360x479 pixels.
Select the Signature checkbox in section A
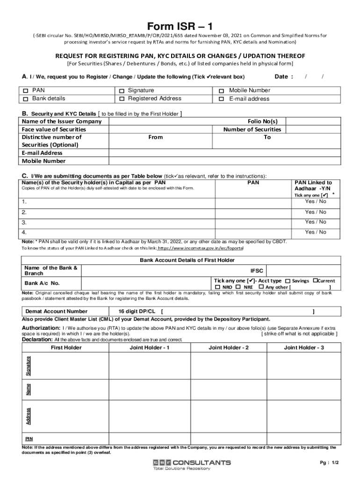(122, 91)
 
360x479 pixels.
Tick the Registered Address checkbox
(122, 99)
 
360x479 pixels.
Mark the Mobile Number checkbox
(222, 91)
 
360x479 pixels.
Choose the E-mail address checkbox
(222, 99)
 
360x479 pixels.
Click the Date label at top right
(284, 77)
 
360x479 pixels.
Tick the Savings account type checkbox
(288, 281)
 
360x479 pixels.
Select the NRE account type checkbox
(238, 287)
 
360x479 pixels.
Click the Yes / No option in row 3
(316, 222)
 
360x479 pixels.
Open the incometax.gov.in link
(200, 248)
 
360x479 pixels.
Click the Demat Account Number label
(56, 311)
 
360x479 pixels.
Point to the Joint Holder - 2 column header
(229, 348)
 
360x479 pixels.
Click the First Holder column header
(66, 348)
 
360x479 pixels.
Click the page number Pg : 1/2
(329, 463)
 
